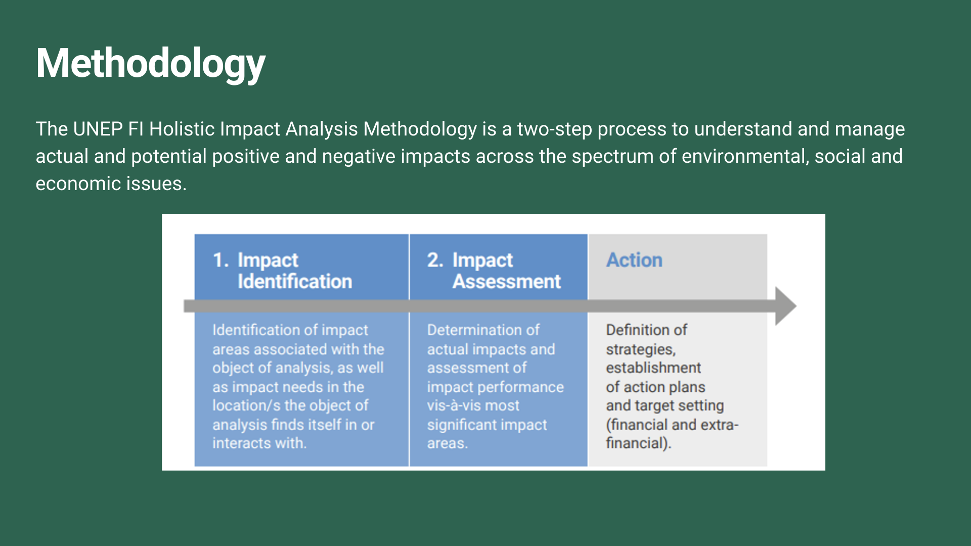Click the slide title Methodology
pyautogui.click(x=151, y=64)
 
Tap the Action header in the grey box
pyautogui.click(x=634, y=260)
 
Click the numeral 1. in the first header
pyautogui.click(x=221, y=260)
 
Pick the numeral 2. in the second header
pyautogui.click(x=435, y=260)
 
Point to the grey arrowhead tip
pyautogui.click(x=796, y=306)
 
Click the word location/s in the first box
pyautogui.click(x=246, y=405)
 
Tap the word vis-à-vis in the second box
pyautogui.click(x=451, y=405)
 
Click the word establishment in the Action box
pyautogui.click(x=653, y=368)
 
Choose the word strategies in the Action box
pyautogui.click(x=641, y=350)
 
